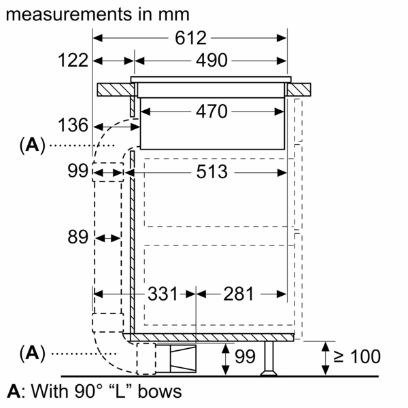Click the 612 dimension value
coord(190,38)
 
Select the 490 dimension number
coord(211,61)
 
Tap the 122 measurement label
coord(73,61)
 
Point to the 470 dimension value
coord(211,112)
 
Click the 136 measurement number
coord(73,125)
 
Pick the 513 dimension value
coord(211,172)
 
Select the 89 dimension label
coord(78,237)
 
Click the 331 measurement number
coord(163,294)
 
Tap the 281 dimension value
coord(239,294)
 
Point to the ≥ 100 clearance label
coord(357,356)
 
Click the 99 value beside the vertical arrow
coord(245,356)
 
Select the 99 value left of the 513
coord(78,171)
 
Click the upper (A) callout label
coord(32,145)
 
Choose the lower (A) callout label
coord(32,353)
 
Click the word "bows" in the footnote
coord(160,392)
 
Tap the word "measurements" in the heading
coord(69,14)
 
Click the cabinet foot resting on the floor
coord(269,358)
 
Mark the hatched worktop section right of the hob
coord(299,90)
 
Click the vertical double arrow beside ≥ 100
coord(325,358)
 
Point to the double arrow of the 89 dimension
coord(107,238)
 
